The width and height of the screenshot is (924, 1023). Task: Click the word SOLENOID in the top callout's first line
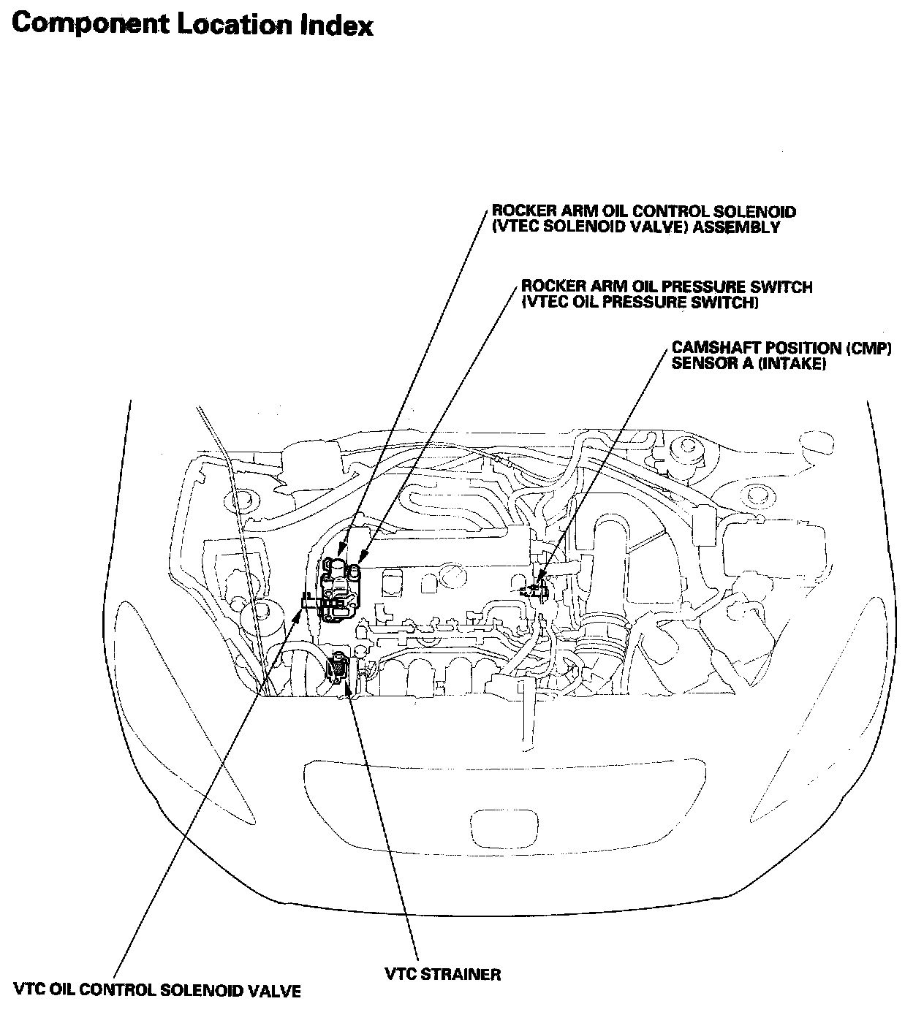760,212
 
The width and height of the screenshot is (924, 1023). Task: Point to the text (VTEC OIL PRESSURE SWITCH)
639,302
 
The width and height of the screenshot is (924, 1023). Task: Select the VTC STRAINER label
443,974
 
